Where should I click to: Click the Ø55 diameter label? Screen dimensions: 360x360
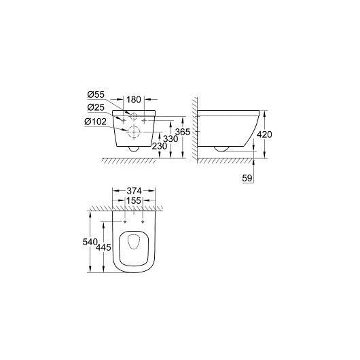96,94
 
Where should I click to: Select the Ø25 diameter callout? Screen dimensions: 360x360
96,107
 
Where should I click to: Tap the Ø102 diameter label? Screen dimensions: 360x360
95,122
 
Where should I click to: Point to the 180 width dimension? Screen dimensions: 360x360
134,99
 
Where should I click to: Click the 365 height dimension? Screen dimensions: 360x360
183,132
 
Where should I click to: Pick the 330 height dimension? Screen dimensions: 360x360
170,139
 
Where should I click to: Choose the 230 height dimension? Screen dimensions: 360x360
160,146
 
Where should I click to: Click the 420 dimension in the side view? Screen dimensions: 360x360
264,134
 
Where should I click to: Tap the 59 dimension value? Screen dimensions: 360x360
247,178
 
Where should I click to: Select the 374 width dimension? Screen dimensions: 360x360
134,191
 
